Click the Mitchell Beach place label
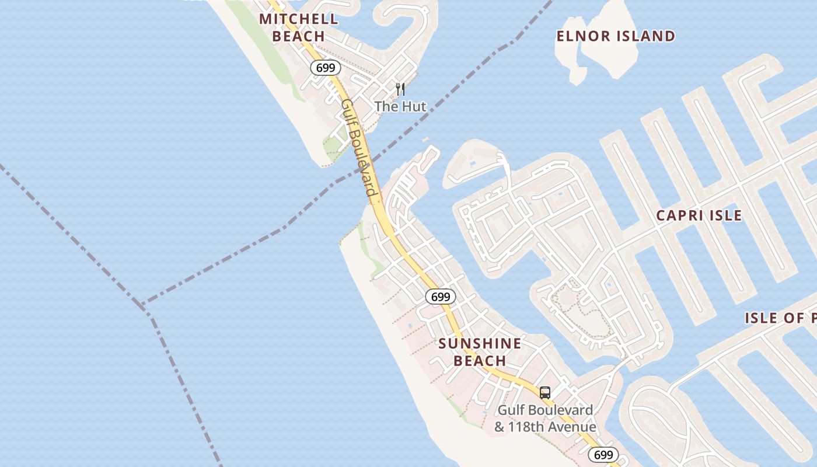[x=298, y=27]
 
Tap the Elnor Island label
[x=616, y=36]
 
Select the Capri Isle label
[x=699, y=215]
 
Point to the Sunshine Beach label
[x=480, y=351]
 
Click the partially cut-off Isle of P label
[x=780, y=318]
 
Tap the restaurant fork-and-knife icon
[x=400, y=89]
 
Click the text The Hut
[x=400, y=106]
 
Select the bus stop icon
[x=544, y=392]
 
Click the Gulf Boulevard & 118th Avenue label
[x=544, y=418]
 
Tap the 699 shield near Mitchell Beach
[x=325, y=68]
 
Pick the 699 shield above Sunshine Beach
[x=440, y=297]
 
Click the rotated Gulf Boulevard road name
[x=358, y=147]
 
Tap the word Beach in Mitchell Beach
[x=298, y=36]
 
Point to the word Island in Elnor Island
[x=646, y=36]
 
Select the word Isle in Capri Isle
[x=724, y=215]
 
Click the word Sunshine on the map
[x=480, y=343]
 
